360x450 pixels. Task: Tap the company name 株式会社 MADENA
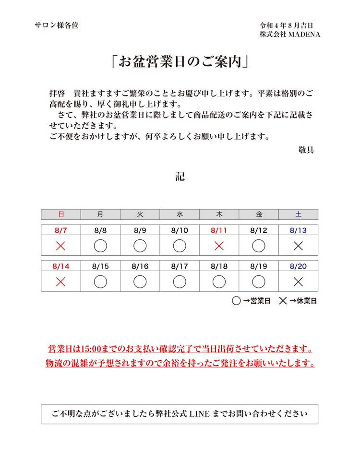290,35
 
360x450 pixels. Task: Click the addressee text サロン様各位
57,25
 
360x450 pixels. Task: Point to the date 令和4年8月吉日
287,25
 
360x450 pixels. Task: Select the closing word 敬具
306,150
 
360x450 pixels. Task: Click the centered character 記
180,177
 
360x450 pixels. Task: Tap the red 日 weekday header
60,214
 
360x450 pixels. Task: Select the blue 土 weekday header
298,214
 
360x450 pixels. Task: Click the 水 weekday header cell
180,214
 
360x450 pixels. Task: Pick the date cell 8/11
219,230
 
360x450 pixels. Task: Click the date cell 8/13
298,230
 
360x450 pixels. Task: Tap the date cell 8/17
180,266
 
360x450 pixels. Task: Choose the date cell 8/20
298,266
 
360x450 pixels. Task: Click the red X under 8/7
60,246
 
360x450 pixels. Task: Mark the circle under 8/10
180,246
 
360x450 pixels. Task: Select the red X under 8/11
219,246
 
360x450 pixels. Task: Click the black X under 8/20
298,282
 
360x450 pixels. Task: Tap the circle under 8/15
100,282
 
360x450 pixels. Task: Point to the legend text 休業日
307,301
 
